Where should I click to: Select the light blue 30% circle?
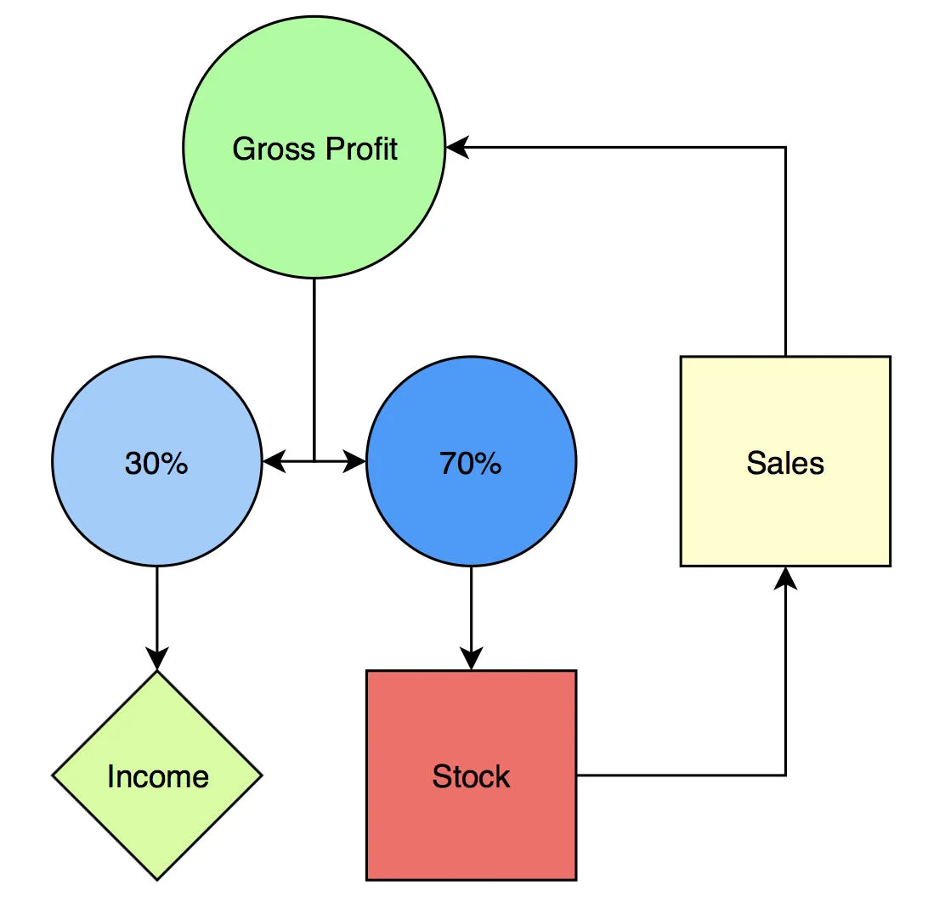[156, 510]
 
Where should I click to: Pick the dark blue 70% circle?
[471, 510]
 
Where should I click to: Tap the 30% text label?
[156, 463]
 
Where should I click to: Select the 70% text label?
[471, 463]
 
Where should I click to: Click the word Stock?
[471, 777]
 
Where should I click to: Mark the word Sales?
[785, 463]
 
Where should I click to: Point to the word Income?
[157, 777]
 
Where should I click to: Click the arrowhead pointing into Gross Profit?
[457, 148]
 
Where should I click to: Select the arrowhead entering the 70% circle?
[355, 461]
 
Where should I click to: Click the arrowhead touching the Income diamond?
[156, 659]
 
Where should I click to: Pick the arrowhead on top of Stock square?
[471, 659]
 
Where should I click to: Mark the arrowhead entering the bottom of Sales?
[785, 578]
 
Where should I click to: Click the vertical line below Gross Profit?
[314, 365]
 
